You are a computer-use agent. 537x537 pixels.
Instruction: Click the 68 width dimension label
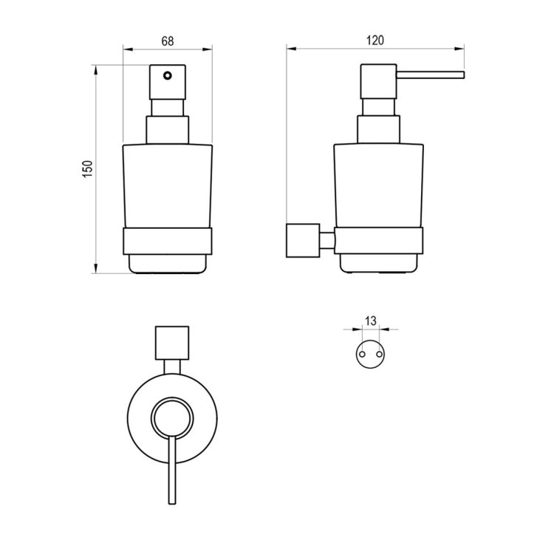click(168, 41)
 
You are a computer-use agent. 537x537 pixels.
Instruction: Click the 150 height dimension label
click(88, 168)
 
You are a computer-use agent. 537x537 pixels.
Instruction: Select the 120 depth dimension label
click(375, 41)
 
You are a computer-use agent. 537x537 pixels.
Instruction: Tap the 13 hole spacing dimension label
click(371, 321)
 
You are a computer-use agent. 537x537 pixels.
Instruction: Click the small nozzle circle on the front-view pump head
click(167, 75)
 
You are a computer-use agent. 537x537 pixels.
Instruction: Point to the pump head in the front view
click(168, 82)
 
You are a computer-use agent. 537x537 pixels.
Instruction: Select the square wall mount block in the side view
click(303, 240)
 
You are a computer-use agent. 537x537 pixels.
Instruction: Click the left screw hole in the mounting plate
click(362, 354)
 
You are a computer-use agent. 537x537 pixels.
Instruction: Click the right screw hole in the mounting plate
click(379, 354)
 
